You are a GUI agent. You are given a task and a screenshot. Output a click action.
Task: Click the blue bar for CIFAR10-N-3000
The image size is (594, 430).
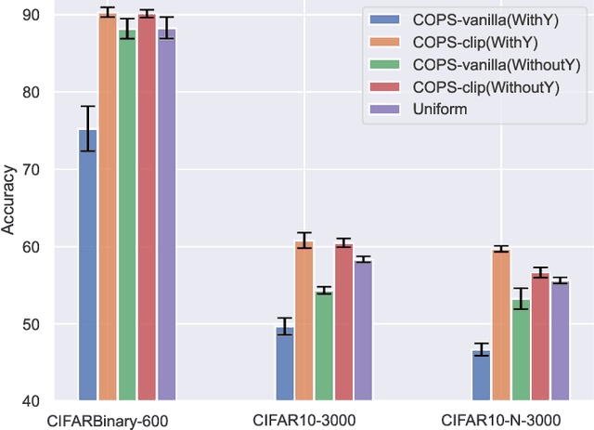481,375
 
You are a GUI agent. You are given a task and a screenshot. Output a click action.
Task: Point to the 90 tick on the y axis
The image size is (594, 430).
33,15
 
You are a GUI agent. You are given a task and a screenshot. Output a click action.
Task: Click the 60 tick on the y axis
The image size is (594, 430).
33,247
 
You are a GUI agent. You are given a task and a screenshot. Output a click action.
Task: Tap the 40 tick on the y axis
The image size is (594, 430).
33,401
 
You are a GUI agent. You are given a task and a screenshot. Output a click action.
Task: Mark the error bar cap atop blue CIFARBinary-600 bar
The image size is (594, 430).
87,107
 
